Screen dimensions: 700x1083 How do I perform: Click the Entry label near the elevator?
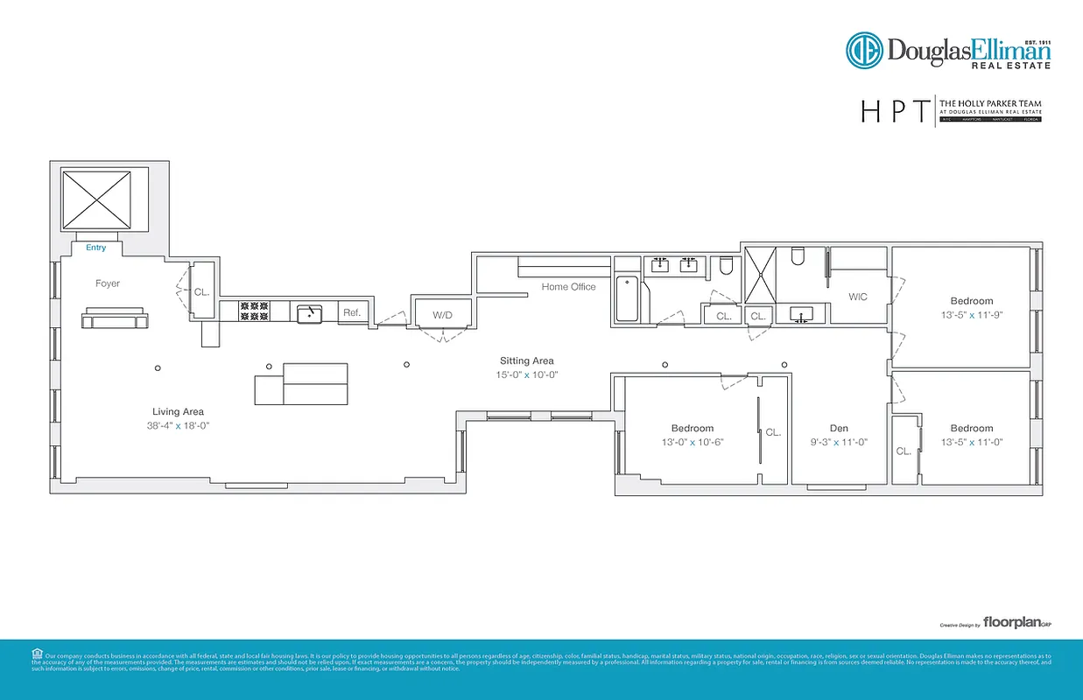[95, 248]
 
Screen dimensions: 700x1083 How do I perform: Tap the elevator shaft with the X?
[95, 199]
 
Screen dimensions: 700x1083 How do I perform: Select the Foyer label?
[108, 283]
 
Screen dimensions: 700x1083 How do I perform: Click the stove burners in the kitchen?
[254, 311]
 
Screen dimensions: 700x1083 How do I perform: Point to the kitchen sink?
[309, 313]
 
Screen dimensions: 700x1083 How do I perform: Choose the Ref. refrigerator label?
[352, 312]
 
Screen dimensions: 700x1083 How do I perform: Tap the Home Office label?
[568, 287]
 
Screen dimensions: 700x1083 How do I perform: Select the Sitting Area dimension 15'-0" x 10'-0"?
[527, 374]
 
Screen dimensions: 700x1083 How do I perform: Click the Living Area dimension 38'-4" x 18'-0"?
[179, 425]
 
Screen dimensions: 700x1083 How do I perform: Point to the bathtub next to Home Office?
[628, 299]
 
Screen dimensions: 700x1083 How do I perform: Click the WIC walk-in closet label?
[858, 297]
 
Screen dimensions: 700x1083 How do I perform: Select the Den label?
[839, 429]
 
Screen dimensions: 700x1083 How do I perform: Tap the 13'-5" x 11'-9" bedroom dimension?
[972, 315]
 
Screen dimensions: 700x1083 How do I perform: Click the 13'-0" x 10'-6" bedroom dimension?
[692, 442]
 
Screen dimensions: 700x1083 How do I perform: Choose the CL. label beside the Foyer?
[201, 292]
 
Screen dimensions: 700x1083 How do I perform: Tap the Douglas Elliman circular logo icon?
[863, 50]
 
